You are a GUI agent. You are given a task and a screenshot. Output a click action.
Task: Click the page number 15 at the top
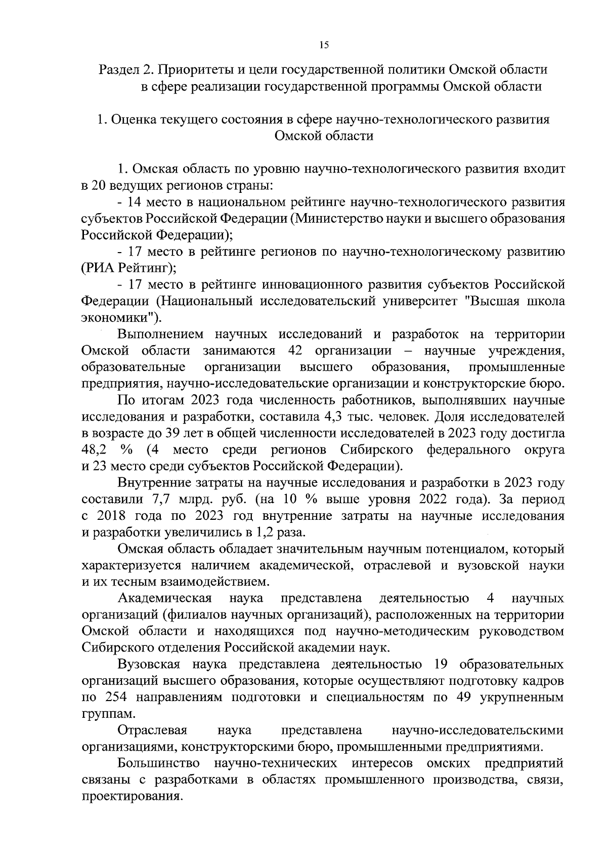coord(324,46)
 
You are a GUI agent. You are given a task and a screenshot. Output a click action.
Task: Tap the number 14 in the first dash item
coord(136,202)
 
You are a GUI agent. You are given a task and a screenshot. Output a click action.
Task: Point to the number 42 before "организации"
coord(295,351)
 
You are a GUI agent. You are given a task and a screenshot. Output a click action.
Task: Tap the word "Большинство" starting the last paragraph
coord(158,763)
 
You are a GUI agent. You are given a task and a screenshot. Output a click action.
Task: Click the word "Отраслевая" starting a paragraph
coord(152,730)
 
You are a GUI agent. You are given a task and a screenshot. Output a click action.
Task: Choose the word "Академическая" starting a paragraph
coord(164,598)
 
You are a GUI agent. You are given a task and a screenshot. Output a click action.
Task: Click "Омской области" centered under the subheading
coord(324,136)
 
